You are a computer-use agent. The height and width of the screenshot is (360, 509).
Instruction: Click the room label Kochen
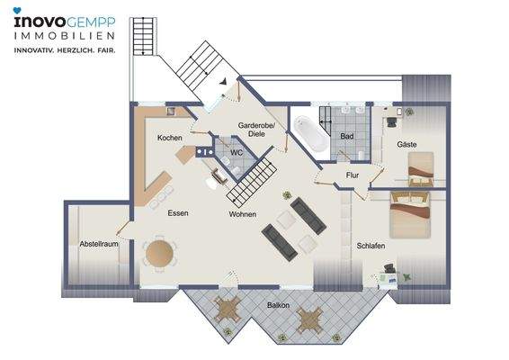click(169, 138)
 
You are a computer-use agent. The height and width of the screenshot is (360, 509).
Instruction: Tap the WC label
click(237, 152)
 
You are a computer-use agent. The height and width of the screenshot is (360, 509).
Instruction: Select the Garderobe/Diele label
click(256, 130)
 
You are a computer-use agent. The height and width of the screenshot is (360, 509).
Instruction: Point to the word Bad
click(347, 136)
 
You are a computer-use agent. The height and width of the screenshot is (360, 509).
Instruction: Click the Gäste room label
click(406, 144)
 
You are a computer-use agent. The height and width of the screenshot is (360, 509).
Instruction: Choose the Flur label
click(353, 175)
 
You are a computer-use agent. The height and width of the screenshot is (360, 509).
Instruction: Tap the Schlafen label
click(371, 246)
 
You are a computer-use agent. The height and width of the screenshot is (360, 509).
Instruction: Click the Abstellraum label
click(99, 244)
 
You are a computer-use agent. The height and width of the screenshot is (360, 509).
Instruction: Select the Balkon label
click(278, 305)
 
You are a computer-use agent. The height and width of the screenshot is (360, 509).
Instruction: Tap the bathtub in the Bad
click(310, 133)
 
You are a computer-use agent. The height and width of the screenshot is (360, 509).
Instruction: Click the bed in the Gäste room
click(421, 169)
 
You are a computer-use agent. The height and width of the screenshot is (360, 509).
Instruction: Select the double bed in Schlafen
click(410, 215)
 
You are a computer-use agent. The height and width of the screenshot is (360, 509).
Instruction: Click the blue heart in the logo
click(17, 11)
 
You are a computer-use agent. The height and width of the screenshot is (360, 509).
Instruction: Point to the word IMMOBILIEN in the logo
click(64, 36)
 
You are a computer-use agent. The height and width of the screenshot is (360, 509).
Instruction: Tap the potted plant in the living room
click(287, 195)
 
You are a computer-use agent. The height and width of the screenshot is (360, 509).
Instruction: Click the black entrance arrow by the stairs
click(223, 82)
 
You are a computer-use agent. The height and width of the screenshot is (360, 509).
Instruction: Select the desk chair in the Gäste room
click(391, 121)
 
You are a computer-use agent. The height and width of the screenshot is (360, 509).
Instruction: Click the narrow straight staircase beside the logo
click(143, 36)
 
